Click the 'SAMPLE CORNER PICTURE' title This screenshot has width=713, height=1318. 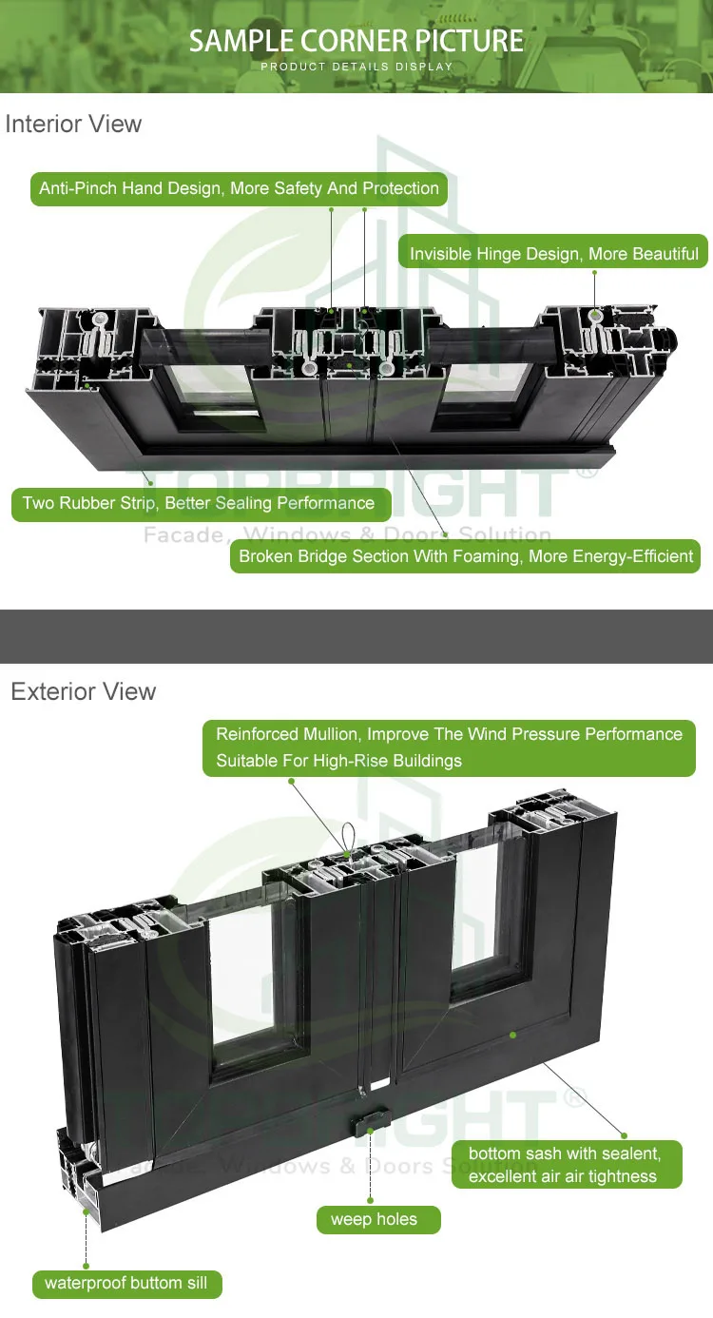(356, 41)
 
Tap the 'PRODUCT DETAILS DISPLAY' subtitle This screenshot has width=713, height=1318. (356, 67)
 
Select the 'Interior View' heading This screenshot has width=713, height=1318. (73, 125)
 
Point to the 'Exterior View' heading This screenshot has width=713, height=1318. (84, 691)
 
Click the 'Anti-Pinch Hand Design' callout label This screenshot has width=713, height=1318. (239, 189)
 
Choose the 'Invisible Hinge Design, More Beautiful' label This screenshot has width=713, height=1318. (553, 254)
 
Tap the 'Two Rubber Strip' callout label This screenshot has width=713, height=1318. (202, 504)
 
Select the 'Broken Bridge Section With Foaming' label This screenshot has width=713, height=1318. (465, 556)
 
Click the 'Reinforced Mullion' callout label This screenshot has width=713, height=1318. (449, 747)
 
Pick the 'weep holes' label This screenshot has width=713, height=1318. (378, 1219)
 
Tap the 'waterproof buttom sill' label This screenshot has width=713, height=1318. (127, 1283)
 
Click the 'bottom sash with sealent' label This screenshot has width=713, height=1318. (567, 1165)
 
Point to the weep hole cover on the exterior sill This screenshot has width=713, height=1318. (371, 1122)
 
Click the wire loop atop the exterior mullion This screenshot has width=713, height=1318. (348, 839)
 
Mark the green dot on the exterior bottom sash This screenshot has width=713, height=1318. (513, 1035)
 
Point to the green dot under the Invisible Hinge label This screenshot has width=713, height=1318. (594, 272)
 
